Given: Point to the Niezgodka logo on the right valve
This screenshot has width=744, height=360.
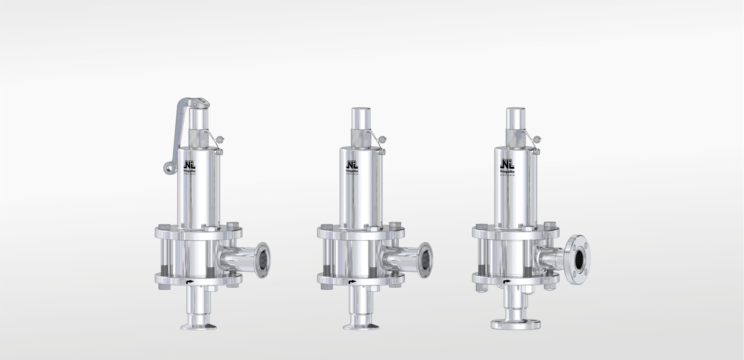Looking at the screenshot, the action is click(507, 168).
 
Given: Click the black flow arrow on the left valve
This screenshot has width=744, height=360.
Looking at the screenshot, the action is click(189, 282).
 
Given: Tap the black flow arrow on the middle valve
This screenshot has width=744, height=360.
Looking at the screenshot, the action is click(353, 282).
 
